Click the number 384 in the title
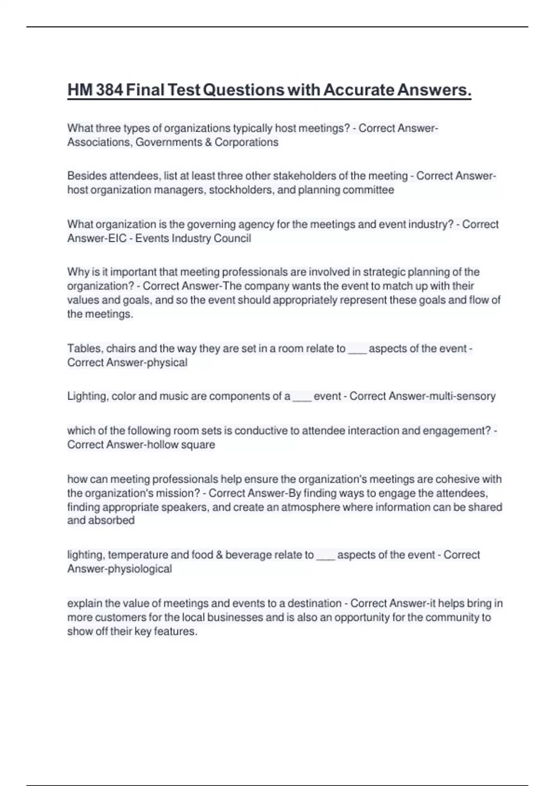pos(110,90)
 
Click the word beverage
pos(249,555)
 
